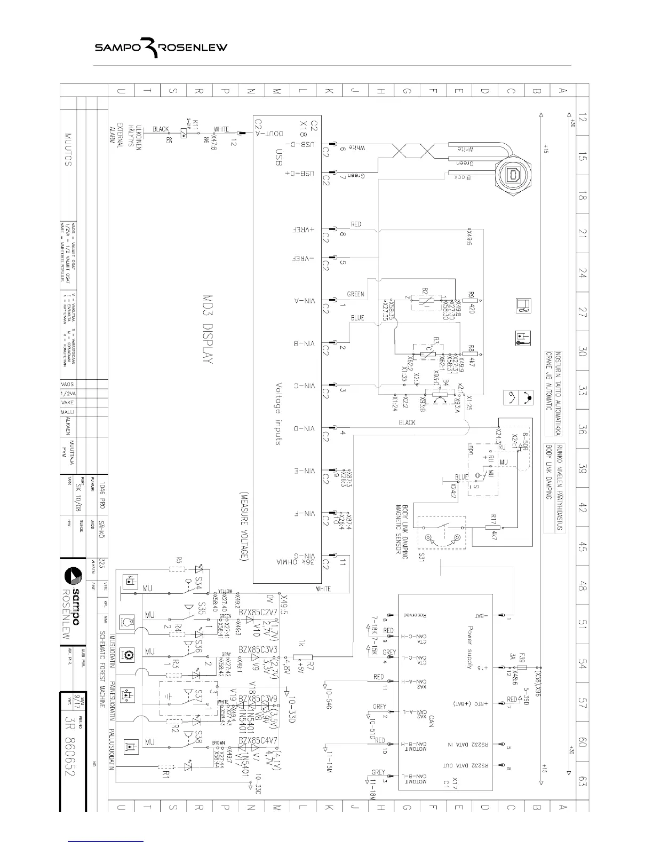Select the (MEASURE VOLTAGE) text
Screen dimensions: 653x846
click(x=245, y=526)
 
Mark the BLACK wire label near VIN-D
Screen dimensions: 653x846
click(x=407, y=422)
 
